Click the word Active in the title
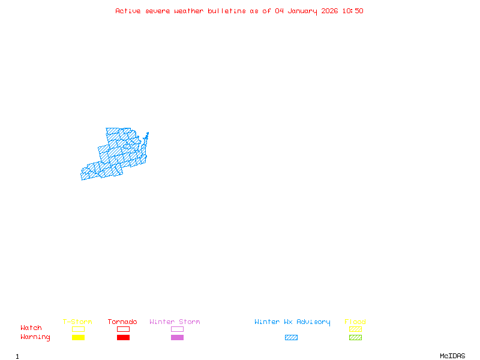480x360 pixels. click(x=128, y=11)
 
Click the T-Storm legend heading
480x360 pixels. click(x=77, y=322)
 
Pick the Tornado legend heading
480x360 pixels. click(x=122, y=322)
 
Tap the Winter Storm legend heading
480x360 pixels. click(x=175, y=322)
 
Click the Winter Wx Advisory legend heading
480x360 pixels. click(x=292, y=322)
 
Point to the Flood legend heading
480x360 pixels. click(x=355, y=322)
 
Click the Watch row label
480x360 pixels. click(x=31, y=328)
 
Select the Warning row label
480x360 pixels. click(x=35, y=337)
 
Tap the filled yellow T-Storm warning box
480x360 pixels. click(x=78, y=338)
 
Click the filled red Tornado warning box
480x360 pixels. click(x=123, y=338)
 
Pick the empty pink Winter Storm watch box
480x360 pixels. click(x=177, y=329)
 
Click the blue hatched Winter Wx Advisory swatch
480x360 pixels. click(x=291, y=338)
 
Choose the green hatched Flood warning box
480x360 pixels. click(x=355, y=338)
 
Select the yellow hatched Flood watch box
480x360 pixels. click(x=355, y=329)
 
